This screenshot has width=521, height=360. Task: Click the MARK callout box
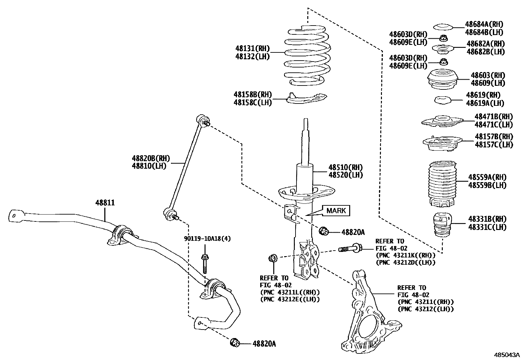point(336,211)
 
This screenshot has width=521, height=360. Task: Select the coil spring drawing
point(306,56)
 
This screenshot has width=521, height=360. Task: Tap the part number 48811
point(105,203)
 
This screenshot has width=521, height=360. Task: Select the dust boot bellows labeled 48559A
point(442,183)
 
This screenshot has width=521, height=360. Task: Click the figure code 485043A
point(507,355)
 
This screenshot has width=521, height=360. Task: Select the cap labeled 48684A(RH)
point(442,27)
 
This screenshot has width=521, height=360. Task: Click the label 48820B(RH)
point(151,159)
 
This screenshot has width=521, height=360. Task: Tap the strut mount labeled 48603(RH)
point(442,80)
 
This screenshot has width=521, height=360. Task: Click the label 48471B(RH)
point(494,117)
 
